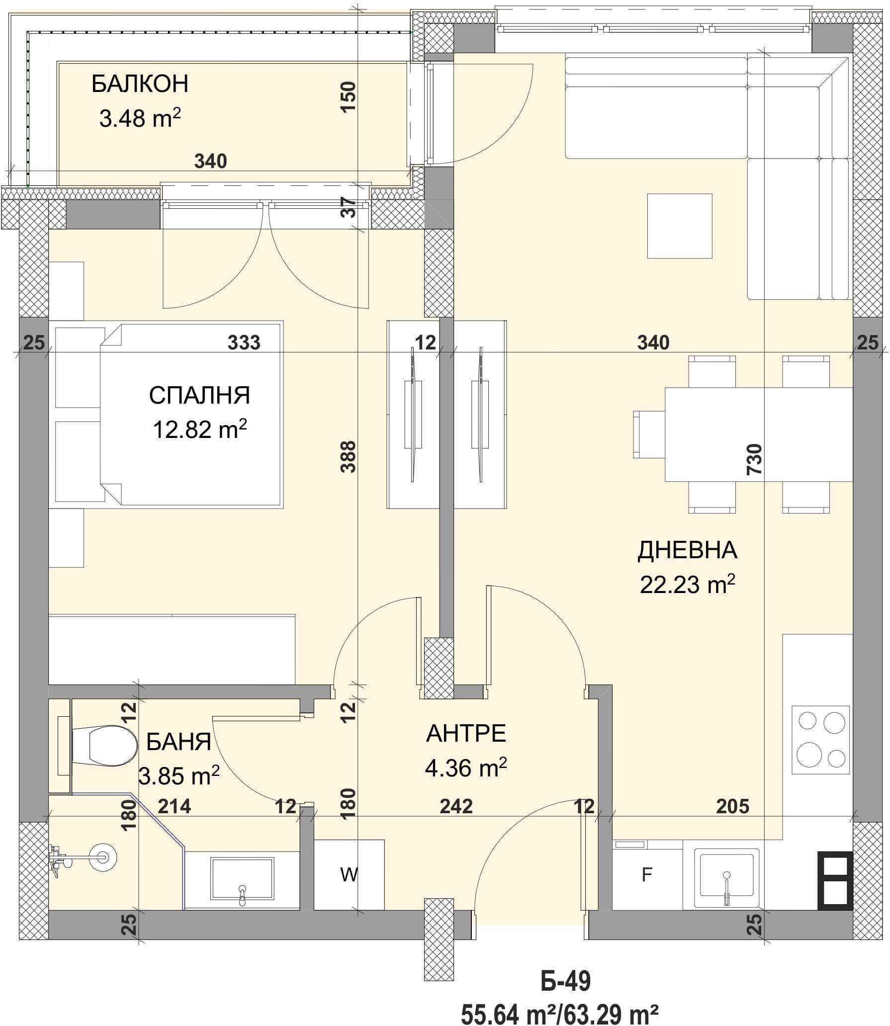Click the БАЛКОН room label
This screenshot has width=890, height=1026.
140,84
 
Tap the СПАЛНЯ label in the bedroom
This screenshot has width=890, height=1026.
199,396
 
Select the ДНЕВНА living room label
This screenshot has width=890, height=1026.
687,551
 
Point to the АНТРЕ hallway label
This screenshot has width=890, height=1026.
466,734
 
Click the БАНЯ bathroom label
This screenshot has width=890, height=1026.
179,743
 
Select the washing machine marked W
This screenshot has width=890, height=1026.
349,874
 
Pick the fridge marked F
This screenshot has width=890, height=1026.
647,875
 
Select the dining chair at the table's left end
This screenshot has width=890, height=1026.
649,434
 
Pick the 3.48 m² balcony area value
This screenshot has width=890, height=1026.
140,118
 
